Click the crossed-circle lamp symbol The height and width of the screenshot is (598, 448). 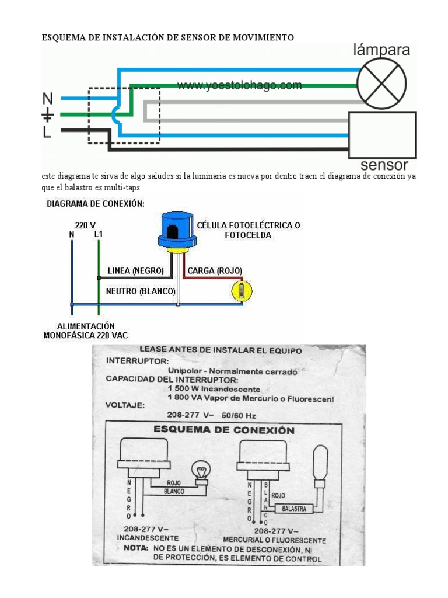tap(381, 84)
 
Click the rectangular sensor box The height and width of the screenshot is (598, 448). tap(382, 135)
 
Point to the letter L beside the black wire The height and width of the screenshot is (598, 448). tap(47, 132)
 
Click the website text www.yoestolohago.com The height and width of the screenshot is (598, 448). tap(240, 85)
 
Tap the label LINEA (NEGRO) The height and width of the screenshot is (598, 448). tap(135, 270)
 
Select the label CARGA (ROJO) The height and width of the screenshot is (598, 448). tap(215, 270)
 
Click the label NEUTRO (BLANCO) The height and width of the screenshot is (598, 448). tap(141, 290)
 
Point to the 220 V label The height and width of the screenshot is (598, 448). tap(85, 224)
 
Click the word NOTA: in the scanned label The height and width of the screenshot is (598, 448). tap(136, 549)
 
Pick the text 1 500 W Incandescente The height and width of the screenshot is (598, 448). tap(214, 389)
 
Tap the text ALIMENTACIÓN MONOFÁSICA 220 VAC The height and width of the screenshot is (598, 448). tap(85, 331)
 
